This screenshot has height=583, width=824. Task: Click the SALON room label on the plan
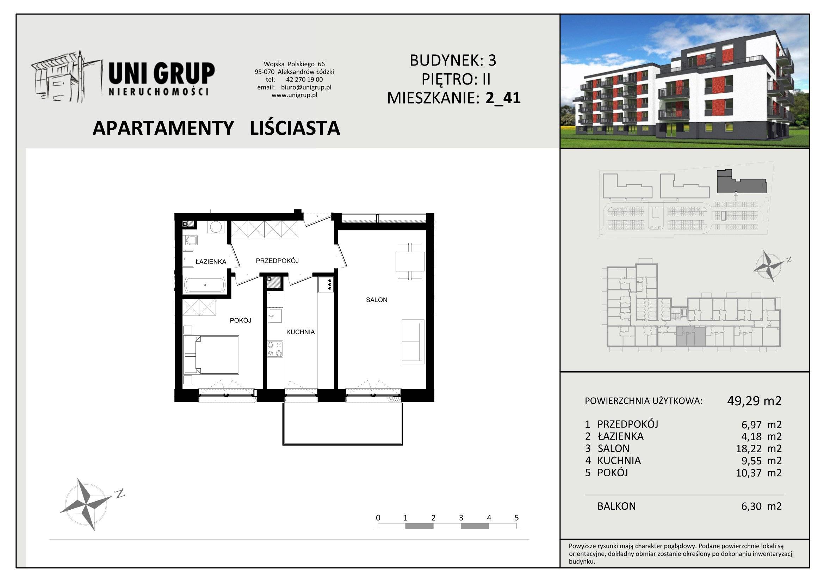tap(377, 300)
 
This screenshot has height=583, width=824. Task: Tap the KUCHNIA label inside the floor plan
tap(301, 332)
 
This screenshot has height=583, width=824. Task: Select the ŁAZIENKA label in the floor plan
tap(211, 262)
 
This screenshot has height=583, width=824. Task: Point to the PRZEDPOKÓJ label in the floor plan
tap(277, 260)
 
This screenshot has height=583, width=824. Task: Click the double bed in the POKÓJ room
tap(211, 355)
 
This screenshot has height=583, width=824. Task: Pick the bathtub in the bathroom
tap(205, 285)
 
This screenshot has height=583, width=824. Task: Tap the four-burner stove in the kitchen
tap(275, 349)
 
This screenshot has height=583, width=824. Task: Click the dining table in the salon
tap(410, 261)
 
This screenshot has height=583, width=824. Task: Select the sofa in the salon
tap(413, 342)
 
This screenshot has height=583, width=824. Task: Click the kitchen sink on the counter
tap(274, 316)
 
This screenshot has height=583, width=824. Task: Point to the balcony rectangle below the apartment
tap(343, 424)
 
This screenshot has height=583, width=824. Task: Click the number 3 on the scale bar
tap(461, 518)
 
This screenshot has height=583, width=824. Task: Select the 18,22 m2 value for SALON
tap(759, 449)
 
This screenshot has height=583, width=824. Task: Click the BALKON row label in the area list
tap(617, 506)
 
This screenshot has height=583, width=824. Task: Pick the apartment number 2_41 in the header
tap(503, 98)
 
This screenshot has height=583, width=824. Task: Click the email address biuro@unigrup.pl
tap(306, 87)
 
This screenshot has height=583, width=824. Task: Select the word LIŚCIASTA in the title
tap(295, 128)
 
